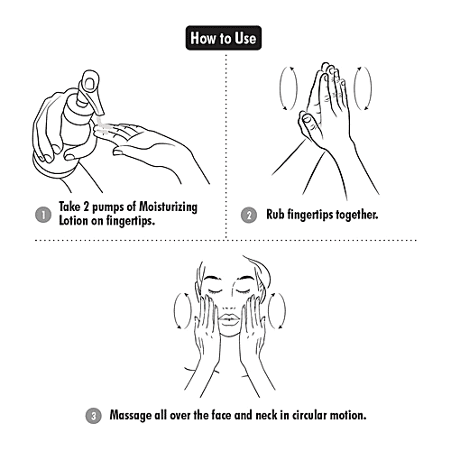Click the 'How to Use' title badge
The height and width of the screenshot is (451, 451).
[224, 38]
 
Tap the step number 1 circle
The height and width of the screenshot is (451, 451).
[43, 215]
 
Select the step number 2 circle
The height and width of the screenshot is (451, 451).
[249, 215]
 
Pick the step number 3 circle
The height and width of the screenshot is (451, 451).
[94, 416]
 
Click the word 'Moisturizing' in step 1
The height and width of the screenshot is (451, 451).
[169, 207]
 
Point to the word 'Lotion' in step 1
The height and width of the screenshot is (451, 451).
[73, 220]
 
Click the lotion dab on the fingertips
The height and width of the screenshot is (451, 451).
[102, 126]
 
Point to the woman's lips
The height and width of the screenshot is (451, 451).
[229, 319]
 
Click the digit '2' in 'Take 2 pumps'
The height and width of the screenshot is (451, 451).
[87, 207]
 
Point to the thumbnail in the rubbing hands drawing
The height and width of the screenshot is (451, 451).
[307, 119]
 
